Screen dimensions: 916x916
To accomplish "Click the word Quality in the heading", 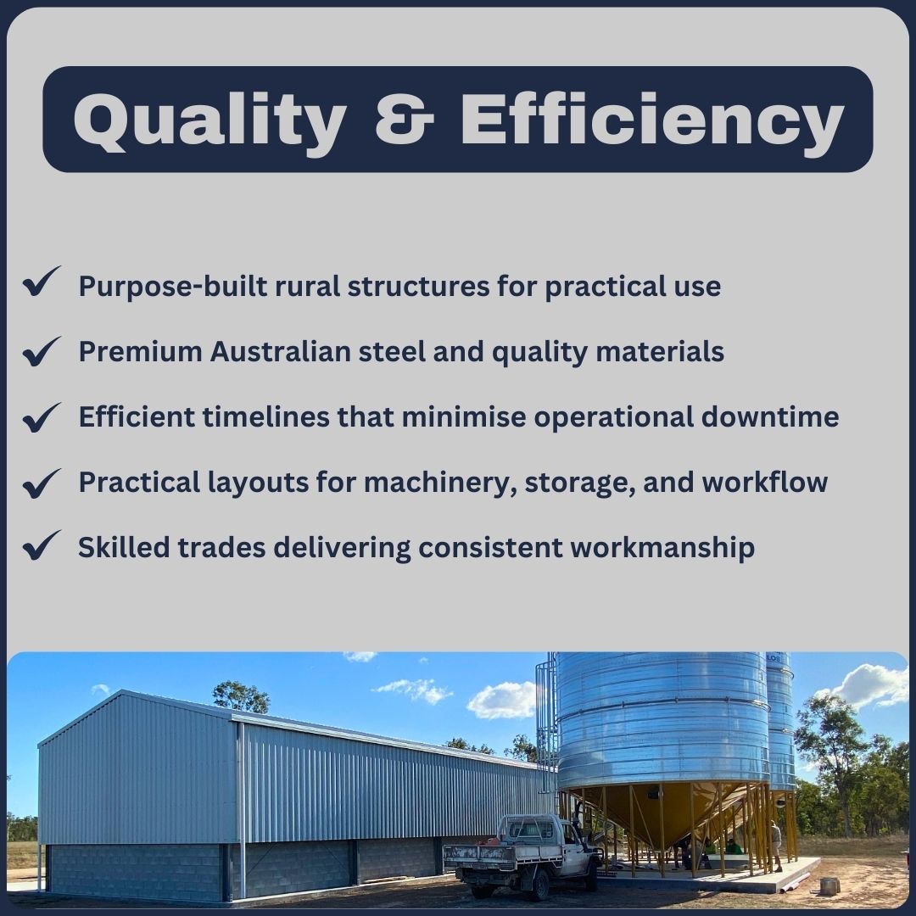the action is (x=209, y=121).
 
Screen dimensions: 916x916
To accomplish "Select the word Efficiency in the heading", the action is (x=652, y=121).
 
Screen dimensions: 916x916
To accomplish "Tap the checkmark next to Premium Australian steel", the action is (x=42, y=352).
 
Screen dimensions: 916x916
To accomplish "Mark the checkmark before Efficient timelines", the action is (x=42, y=417).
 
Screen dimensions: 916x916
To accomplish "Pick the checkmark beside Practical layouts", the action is (x=42, y=483).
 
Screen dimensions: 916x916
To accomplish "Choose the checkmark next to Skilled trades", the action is (x=42, y=545).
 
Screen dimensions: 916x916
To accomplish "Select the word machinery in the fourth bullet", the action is (x=440, y=483).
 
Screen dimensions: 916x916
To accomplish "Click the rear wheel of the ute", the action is (x=483, y=888).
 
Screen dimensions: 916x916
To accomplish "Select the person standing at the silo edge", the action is (x=776, y=846).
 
